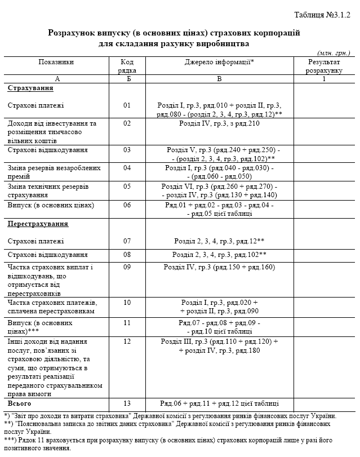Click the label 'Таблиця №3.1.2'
tap(322, 15)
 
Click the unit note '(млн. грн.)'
tap(334, 52)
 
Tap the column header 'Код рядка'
tap(127, 66)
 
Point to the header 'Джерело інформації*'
tap(219, 62)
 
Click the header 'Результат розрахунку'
tap(324, 66)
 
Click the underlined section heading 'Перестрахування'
tap(38, 224)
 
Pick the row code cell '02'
tap(127, 123)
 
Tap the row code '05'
tap(127, 186)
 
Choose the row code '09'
tap(127, 267)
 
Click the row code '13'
tap(127, 403)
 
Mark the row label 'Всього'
tap(19, 403)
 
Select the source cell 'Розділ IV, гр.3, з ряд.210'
tap(219, 123)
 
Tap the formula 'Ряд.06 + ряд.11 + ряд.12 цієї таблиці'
tap(219, 403)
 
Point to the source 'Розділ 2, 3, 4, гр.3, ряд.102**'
tap(219, 255)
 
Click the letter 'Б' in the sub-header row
tap(127, 79)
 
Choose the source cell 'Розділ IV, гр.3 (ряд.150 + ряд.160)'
tap(219, 267)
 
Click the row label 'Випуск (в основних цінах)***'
tap(40, 327)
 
